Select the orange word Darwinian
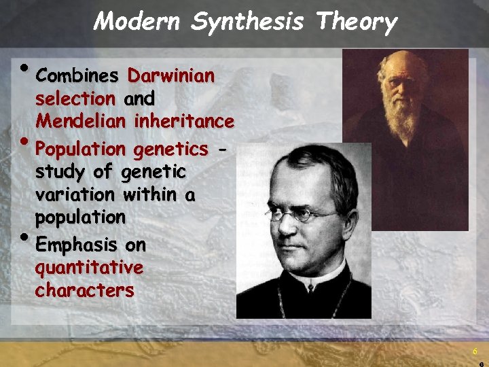tap(171, 75)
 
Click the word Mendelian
tap(81, 122)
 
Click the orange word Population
tap(81, 149)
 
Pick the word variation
tap(75, 195)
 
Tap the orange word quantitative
tap(89, 268)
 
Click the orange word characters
tap(85, 291)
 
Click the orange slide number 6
tap(475, 351)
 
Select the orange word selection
tap(75, 99)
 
